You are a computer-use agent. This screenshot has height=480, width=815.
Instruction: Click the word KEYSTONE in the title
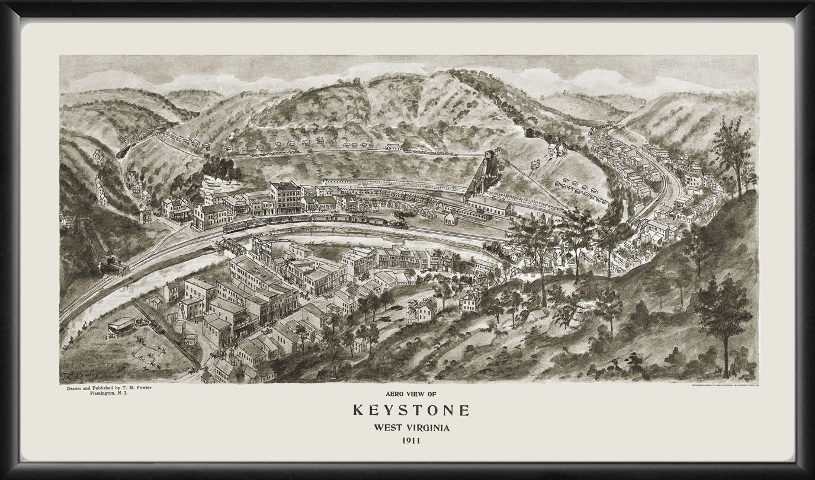pos(412,410)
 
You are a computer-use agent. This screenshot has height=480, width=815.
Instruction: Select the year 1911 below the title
pos(412,441)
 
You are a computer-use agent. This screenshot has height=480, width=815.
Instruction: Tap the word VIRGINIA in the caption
pos(431,428)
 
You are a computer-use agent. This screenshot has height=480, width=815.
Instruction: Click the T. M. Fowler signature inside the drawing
pos(78,376)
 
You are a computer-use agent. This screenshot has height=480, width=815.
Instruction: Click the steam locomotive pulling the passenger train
pos(400,224)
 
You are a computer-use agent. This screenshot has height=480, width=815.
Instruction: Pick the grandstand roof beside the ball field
pos(121,324)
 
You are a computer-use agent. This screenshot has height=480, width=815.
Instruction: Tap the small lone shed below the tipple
pos(451,219)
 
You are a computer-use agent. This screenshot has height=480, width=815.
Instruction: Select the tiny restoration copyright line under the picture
pos(724,386)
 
